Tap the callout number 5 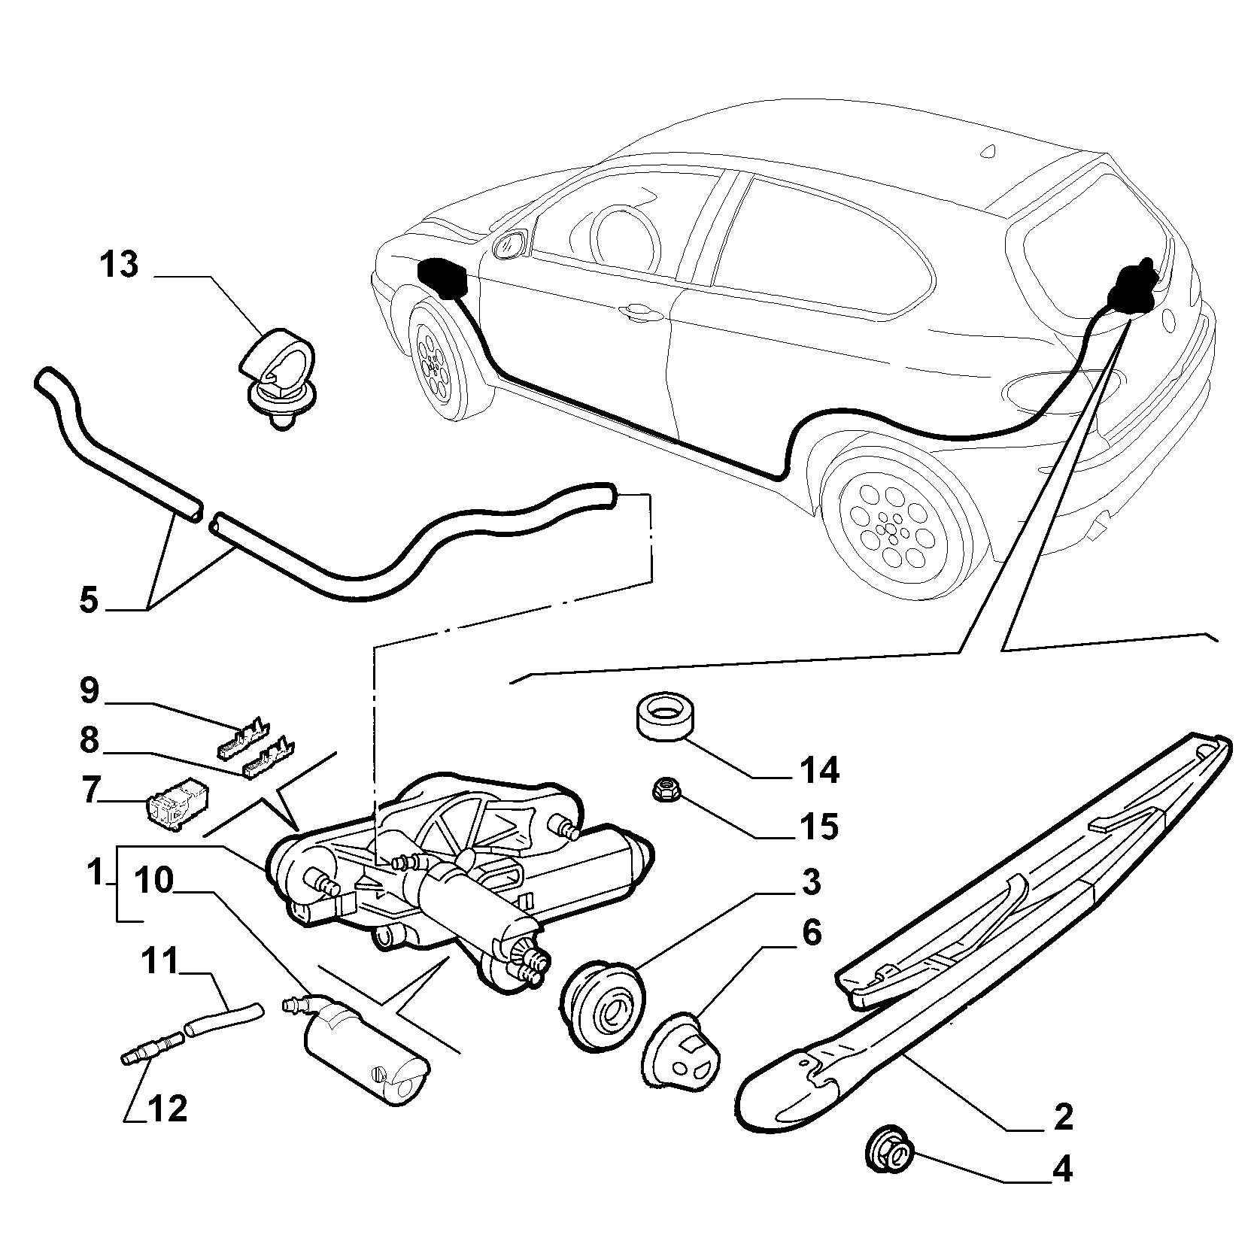[89, 600]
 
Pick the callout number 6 [810, 933]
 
